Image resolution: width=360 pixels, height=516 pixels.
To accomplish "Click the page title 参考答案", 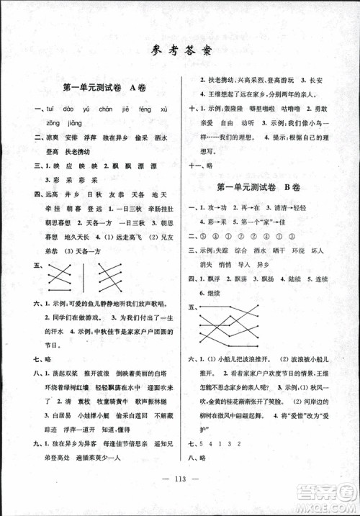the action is click(x=180, y=50).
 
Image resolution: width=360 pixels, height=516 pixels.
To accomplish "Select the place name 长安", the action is click(x=314, y=81).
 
